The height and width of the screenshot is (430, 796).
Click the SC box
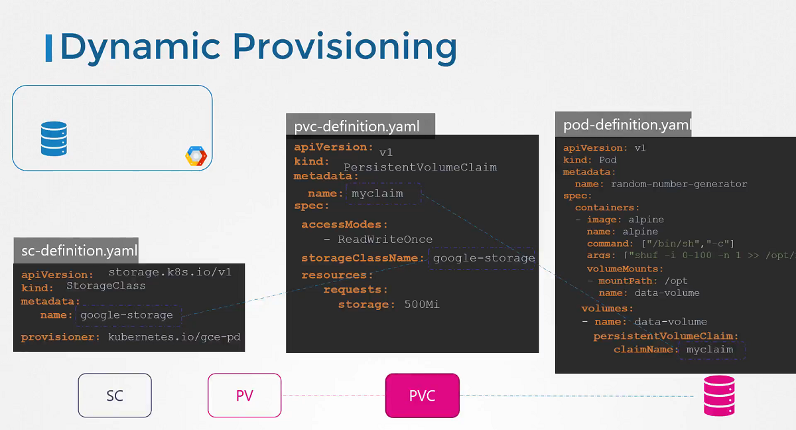(x=115, y=396)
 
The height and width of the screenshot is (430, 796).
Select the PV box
(x=244, y=396)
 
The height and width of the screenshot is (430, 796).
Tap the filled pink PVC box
(x=423, y=396)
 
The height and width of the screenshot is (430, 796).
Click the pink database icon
(x=720, y=395)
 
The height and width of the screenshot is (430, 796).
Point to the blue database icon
(x=54, y=138)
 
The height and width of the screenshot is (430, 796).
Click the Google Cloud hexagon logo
(x=196, y=157)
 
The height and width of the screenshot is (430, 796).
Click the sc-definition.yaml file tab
(x=76, y=251)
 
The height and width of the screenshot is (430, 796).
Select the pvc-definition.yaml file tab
(x=357, y=126)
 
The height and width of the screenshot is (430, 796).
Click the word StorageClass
(x=106, y=286)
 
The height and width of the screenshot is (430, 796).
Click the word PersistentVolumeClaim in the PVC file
(x=420, y=167)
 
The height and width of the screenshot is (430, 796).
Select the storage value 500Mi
(x=422, y=305)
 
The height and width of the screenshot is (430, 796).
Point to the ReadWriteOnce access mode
(x=385, y=240)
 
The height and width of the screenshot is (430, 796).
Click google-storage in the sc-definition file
(x=127, y=315)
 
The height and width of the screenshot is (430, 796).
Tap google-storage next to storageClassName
(x=484, y=258)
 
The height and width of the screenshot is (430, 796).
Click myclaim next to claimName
(x=710, y=350)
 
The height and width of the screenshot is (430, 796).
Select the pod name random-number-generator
(x=679, y=184)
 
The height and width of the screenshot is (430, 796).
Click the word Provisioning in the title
(x=345, y=47)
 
